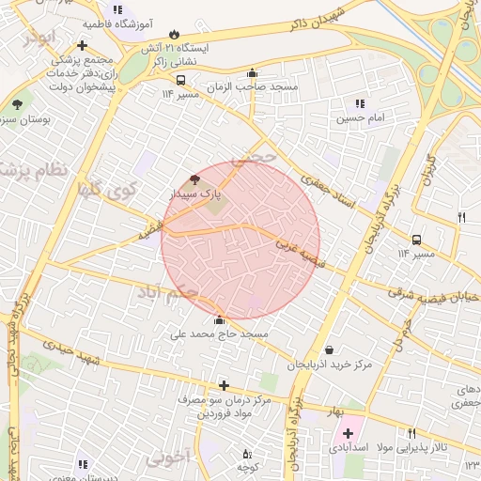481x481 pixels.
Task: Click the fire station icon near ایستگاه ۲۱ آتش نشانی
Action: tap(173, 35)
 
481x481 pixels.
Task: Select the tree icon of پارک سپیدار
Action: tap(194, 178)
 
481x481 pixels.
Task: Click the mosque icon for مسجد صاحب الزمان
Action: tap(251, 73)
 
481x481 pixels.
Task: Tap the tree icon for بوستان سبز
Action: tap(17, 105)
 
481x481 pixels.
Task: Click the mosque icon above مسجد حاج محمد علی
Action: tap(220, 319)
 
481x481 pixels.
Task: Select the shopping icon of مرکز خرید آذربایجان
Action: tap(328, 349)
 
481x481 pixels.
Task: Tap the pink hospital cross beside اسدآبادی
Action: tap(349, 433)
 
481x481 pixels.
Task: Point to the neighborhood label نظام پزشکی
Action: tap(32, 170)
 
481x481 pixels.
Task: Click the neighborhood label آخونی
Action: tap(168, 458)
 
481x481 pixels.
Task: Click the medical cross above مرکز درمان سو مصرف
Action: tap(224, 385)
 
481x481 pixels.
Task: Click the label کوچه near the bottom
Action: tap(247, 467)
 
